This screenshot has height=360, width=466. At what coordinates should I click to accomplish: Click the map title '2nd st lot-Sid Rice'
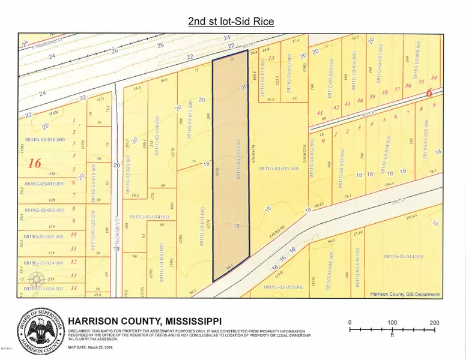tap(231, 22)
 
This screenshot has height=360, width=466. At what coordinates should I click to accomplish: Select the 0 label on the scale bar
tap(350, 322)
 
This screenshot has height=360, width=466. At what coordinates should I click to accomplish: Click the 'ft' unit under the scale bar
tap(392, 336)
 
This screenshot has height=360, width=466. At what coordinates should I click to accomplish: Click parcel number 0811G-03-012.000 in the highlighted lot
tap(238, 161)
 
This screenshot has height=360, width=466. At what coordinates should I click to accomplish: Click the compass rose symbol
tap(37, 279)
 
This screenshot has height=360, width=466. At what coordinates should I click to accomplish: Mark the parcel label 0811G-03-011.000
tap(279, 169)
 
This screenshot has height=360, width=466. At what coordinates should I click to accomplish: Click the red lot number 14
tap(73, 288)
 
